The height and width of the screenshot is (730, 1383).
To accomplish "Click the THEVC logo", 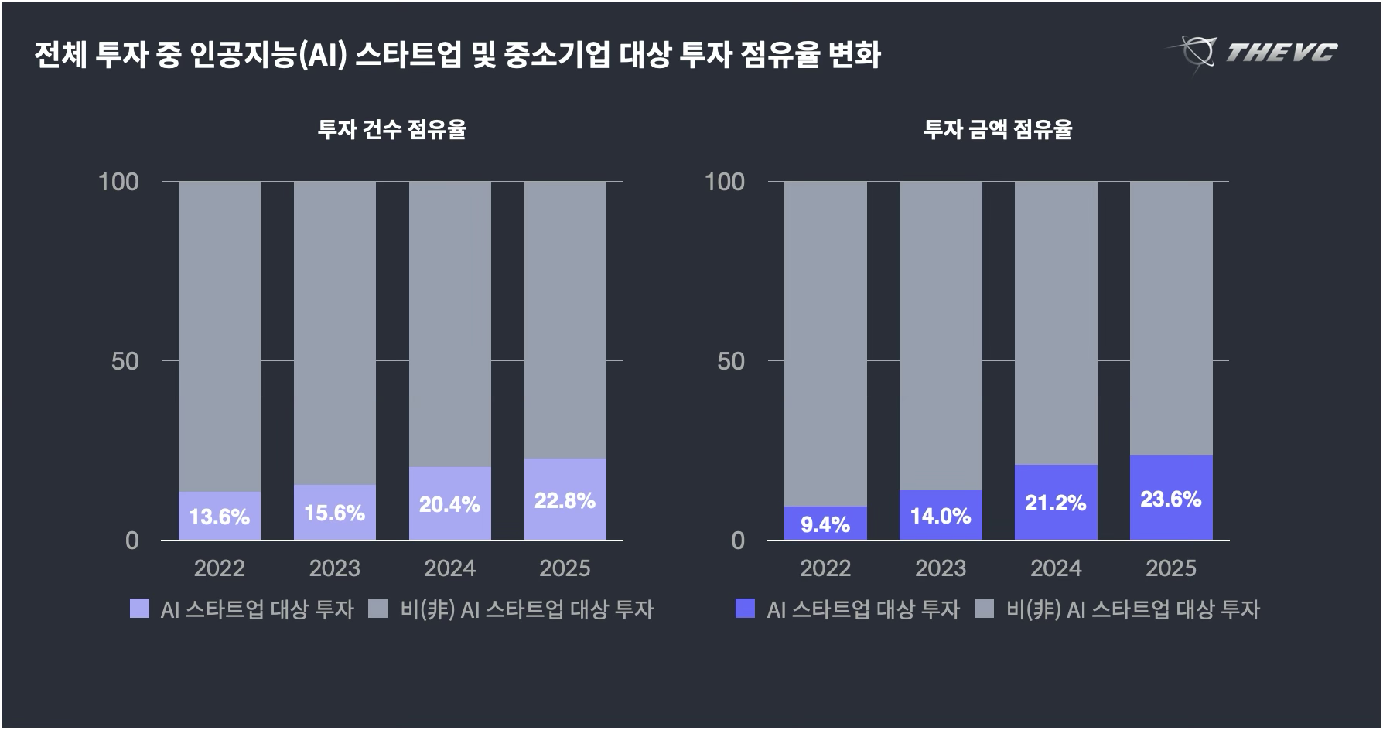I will point(1253,53).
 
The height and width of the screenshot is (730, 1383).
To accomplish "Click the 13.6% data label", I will point(219,517).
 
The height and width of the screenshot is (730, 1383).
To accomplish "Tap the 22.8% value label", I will point(565,500).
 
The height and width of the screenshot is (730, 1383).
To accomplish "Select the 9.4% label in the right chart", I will point(825,525).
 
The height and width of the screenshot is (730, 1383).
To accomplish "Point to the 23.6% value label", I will point(1170,499).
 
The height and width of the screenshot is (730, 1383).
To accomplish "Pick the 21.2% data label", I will point(1055,503).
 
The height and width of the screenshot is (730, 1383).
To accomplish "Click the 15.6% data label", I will point(334,513).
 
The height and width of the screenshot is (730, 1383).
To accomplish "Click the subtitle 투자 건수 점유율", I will point(391,129).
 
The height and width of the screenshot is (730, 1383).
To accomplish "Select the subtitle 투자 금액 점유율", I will point(998,129).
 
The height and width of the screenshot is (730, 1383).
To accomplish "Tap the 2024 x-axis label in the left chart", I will point(449,568).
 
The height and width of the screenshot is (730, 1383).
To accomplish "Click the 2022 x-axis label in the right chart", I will point(825,568).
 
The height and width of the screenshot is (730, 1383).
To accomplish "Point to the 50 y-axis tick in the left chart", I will point(125,361).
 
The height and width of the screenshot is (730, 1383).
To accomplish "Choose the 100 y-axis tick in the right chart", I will point(725,182).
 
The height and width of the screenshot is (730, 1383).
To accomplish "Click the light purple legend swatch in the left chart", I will point(139,609).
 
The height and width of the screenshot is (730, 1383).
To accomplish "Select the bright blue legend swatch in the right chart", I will point(745,609).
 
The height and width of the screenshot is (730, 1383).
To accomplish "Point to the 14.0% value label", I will point(940,516).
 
